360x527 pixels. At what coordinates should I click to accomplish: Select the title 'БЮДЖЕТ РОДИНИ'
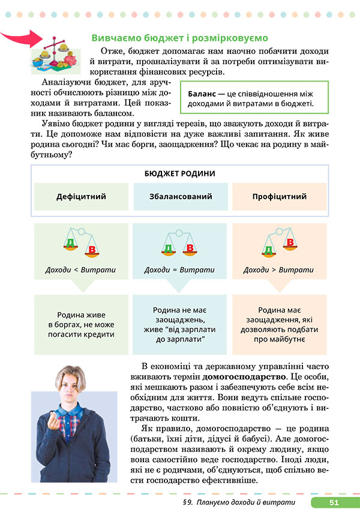179,173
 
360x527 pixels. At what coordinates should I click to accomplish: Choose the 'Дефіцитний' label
81,196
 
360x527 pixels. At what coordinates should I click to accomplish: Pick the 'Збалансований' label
179,196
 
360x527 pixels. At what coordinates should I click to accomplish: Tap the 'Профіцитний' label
279,196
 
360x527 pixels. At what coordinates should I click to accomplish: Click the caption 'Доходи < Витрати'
81,270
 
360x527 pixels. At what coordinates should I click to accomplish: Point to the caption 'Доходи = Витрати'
179,270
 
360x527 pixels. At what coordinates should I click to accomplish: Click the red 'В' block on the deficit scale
92,249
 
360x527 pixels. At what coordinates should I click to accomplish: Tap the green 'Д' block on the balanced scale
169,247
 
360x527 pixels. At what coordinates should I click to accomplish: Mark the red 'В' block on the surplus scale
291,242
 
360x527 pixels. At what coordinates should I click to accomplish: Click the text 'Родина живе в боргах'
81,319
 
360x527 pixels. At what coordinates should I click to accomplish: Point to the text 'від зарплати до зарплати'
179,334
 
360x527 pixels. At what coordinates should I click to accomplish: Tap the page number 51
334,502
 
